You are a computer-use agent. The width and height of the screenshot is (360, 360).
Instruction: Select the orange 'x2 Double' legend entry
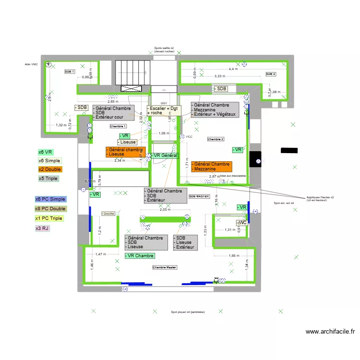click(x=50, y=169)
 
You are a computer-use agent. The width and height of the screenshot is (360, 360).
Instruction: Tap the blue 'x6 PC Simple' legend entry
click(x=50, y=199)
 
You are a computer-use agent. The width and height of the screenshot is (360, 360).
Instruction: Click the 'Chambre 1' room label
click(x=118, y=126)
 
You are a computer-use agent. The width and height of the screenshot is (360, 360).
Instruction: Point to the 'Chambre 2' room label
click(x=216, y=139)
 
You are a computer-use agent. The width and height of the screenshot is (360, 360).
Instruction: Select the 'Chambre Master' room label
click(x=165, y=267)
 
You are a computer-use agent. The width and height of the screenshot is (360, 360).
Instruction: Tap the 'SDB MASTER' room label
click(x=199, y=196)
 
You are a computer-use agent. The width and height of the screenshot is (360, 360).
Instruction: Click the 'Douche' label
click(x=109, y=214)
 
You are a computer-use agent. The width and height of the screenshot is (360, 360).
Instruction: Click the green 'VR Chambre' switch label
click(x=139, y=256)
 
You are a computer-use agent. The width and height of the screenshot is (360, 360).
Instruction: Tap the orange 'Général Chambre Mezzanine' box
click(x=211, y=167)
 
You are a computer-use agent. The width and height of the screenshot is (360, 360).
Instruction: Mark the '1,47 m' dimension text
click(x=100, y=254)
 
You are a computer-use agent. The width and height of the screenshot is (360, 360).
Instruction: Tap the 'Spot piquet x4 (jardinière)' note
click(x=188, y=312)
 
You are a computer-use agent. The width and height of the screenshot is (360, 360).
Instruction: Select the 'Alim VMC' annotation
click(x=31, y=64)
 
